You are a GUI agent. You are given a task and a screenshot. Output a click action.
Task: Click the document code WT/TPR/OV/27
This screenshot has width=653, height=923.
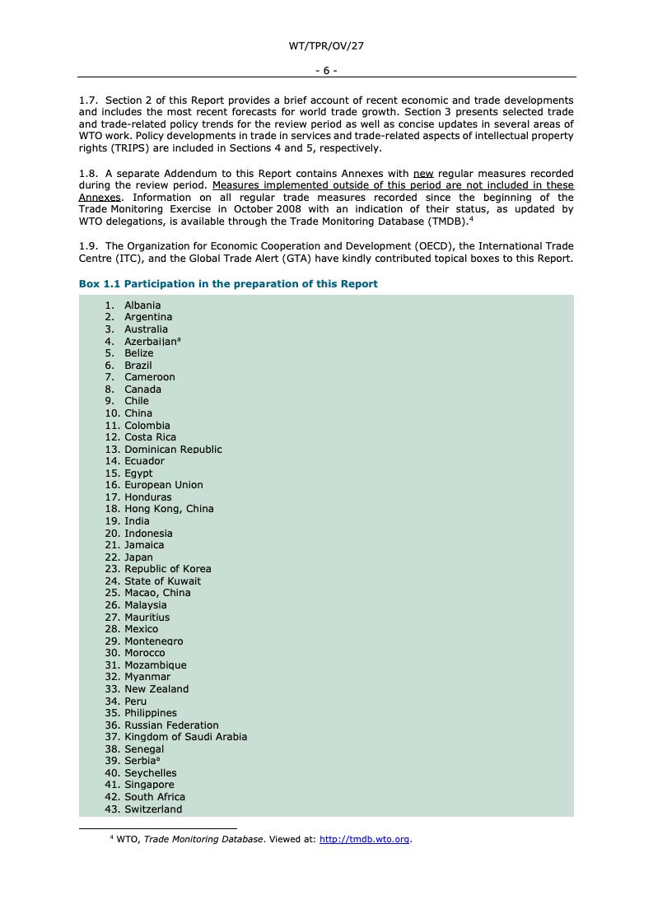pyautogui.click(x=326, y=46)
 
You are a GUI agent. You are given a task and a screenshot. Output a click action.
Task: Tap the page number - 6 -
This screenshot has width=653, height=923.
pyautogui.click(x=326, y=71)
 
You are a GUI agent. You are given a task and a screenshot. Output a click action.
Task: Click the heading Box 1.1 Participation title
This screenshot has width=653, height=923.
pyautogui.click(x=228, y=284)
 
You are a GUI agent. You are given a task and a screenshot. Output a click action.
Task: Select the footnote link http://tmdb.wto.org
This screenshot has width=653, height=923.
pyautogui.click(x=364, y=839)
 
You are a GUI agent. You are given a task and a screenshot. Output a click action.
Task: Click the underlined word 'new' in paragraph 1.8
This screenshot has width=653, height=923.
pyautogui.click(x=422, y=174)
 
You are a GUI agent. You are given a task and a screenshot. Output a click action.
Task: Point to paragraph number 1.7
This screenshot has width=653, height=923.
pyautogui.click(x=88, y=100)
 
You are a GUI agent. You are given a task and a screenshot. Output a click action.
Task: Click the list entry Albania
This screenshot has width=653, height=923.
pyautogui.click(x=142, y=305)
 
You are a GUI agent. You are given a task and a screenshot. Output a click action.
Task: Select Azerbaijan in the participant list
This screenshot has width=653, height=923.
pyautogui.click(x=151, y=342)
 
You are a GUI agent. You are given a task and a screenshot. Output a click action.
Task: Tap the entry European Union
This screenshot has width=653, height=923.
pyautogui.click(x=163, y=485)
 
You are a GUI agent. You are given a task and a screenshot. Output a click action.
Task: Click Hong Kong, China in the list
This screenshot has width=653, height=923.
pyautogui.click(x=169, y=509)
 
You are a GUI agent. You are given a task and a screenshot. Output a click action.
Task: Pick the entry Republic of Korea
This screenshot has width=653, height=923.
pyautogui.click(x=167, y=569)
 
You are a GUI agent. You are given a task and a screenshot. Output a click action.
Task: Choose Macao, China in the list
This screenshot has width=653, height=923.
pyautogui.click(x=157, y=593)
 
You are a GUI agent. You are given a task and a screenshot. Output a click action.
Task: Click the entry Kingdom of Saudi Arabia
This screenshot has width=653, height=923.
pyautogui.click(x=185, y=737)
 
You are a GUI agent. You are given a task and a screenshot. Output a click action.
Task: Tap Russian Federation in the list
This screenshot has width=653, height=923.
pyautogui.click(x=171, y=725)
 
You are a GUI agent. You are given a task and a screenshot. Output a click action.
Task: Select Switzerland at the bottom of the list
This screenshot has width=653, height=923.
pyautogui.click(x=153, y=809)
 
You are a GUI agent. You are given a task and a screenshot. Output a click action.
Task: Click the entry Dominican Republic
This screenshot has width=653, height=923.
pyautogui.click(x=173, y=450)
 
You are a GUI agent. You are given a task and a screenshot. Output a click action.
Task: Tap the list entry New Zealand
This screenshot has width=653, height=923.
pyautogui.click(x=156, y=689)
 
